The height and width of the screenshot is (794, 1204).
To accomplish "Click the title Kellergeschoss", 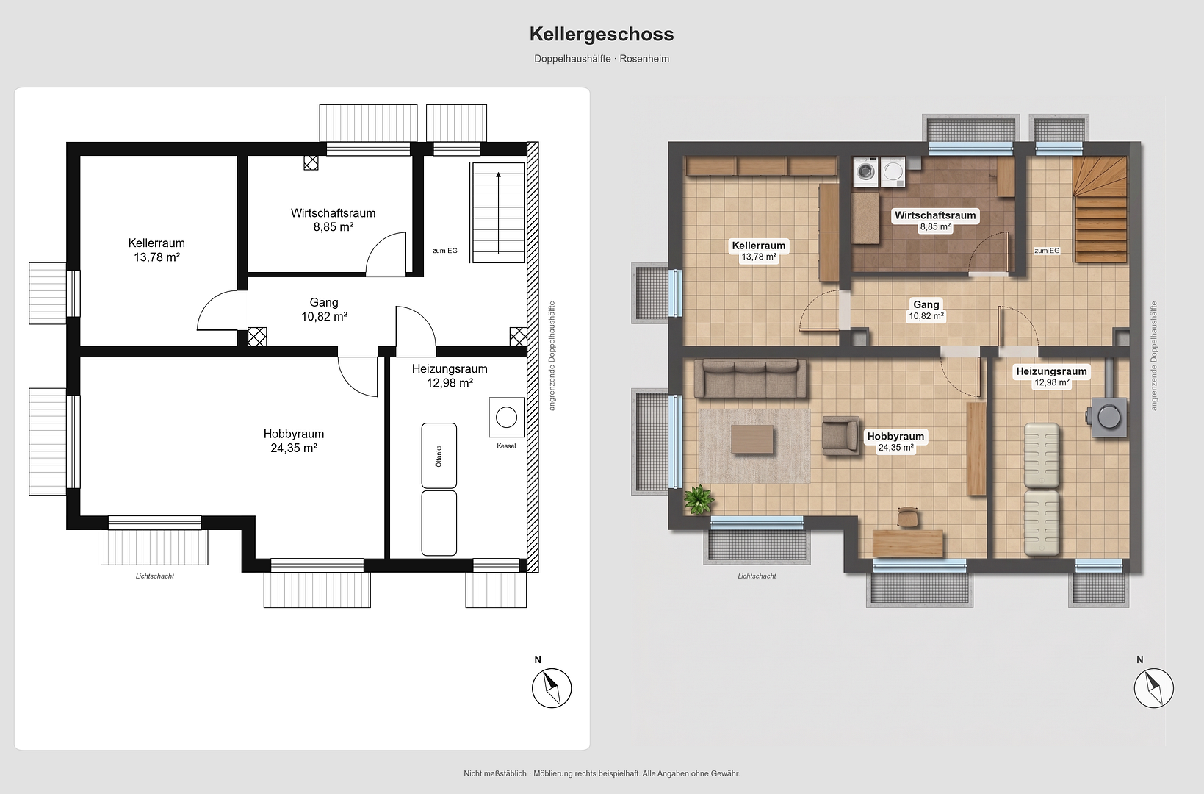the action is point(602,35).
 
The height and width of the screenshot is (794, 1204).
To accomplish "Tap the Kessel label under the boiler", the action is point(506,446).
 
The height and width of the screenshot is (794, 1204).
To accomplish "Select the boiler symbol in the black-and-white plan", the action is point(506,417).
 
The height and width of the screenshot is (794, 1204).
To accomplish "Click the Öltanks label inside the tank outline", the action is point(439,456).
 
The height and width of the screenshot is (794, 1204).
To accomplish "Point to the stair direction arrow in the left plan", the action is point(498,212).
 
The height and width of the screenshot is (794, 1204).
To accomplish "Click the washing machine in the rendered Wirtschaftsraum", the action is point(865,172).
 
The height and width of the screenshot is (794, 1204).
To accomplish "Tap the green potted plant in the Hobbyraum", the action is point(698,500).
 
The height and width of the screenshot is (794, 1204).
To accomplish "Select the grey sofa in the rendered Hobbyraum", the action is point(750,379).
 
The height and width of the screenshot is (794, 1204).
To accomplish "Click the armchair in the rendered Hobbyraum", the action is point(840,435).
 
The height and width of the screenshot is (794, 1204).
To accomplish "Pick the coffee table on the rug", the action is point(752,439).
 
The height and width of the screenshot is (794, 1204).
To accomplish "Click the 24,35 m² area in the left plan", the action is point(294,448).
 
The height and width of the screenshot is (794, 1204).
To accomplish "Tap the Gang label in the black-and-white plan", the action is point(324,302).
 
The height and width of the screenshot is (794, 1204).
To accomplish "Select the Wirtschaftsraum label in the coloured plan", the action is point(935,215).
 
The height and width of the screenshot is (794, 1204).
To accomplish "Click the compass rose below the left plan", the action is point(552,688).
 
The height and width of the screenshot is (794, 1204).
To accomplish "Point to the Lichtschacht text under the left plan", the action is point(155,576).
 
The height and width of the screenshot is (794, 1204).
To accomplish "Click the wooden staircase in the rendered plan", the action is point(1100,210).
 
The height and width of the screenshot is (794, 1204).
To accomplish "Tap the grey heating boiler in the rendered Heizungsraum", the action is point(1109,416).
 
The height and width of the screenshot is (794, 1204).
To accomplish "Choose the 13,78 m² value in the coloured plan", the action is point(759,257).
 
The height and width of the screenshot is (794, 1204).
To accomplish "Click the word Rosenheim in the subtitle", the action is point(644,59).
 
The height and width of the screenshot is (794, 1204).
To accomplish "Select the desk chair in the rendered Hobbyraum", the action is point(908,517).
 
